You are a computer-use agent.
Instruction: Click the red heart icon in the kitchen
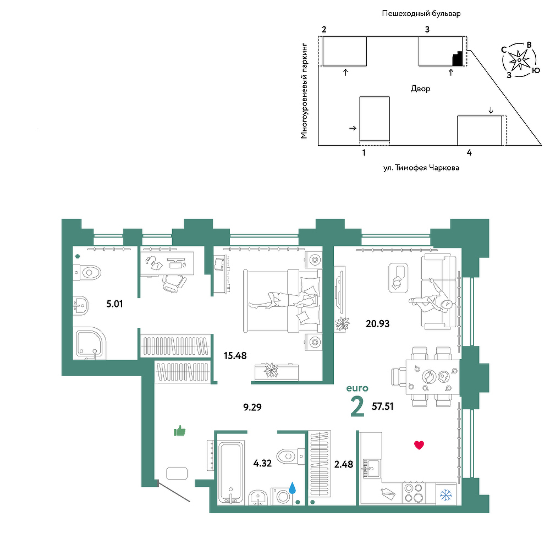click(x=419, y=445)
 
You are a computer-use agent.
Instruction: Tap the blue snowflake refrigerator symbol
click(x=446, y=496)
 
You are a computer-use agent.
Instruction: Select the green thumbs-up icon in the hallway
click(x=180, y=431)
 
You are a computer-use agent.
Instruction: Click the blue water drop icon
click(x=292, y=487)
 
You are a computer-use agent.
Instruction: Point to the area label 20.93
click(x=377, y=323)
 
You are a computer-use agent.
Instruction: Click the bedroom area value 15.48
click(x=235, y=356)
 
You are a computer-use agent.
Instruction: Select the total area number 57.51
click(x=382, y=406)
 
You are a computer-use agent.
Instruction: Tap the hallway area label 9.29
click(x=252, y=407)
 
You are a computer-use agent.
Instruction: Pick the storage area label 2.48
click(x=343, y=464)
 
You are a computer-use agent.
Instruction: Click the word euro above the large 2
click(x=357, y=388)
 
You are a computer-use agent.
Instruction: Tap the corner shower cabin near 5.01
click(x=90, y=343)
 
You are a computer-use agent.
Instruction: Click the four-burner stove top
click(x=413, y=493)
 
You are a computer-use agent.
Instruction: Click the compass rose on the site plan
click(x=519, y=60)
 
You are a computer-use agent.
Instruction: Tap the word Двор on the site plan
click(x=420, y=89)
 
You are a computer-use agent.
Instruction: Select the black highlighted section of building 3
click(x=458, y=58)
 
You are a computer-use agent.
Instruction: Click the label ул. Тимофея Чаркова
click(x=421, y=168)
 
